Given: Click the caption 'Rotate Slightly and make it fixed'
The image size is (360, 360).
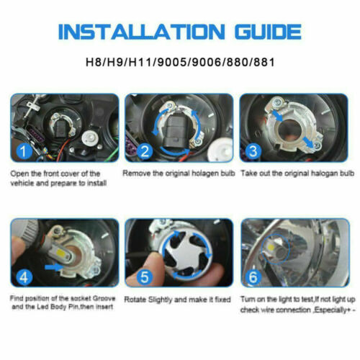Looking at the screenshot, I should (x=178, y=299).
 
